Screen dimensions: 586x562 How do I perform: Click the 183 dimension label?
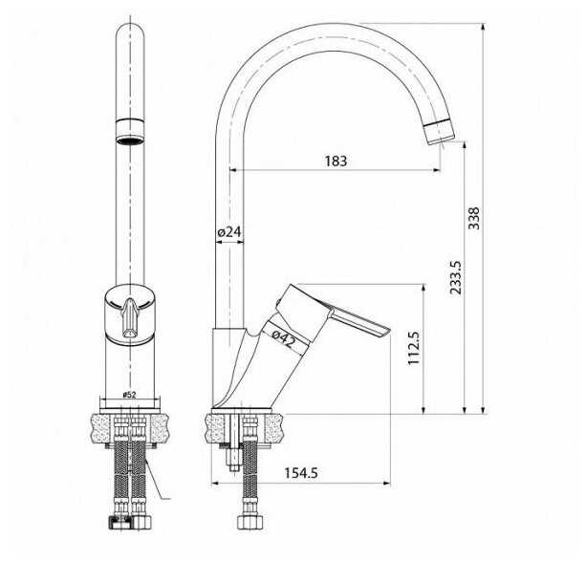(x=336, y=162)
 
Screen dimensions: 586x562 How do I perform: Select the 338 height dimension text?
(x=474, y=218)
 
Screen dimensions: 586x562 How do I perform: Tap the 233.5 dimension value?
(x=456, y=277)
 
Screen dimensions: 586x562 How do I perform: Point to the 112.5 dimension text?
(x=415, y=348)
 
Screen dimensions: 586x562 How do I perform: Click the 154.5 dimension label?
(x=301, y=473)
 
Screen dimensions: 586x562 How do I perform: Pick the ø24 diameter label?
(x=229, y=232)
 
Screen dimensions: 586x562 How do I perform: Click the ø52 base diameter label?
(x=129, y=395)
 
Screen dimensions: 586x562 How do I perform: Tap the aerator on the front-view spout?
(x=130, y=131)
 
